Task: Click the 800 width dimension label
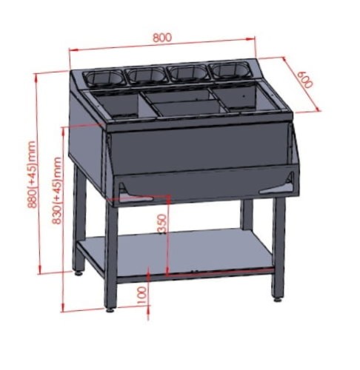pos(162,37)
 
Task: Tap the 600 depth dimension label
pos(304,80)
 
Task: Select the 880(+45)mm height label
pos(32,174)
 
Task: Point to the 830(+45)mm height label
pos(57,190)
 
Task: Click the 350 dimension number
pos(162,223)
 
